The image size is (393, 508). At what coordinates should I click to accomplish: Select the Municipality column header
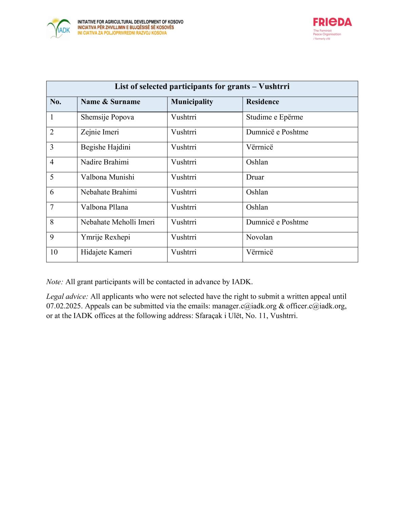(x=192, y=102)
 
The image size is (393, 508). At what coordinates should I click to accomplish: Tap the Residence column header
(x=262, y=102)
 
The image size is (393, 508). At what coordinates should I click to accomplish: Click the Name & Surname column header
(x=110, y=102)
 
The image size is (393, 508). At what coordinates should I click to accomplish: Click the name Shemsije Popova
(x=107, y=117)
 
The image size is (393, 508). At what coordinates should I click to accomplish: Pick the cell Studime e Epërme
(x=274, y=117)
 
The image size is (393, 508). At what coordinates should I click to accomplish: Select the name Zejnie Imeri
(x=100, y=132)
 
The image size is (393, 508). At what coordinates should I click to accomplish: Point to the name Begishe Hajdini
(x=105, y=147)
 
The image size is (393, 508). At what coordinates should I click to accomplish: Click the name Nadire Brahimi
(x=104, y=162)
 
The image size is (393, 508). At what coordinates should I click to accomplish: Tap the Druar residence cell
(x=255, y=177)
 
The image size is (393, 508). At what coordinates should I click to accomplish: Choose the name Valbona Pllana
(x=104, y=207)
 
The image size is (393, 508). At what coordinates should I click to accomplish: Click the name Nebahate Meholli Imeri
(x=117, y=222)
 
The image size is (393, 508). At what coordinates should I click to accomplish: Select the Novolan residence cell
(x=259, y=237)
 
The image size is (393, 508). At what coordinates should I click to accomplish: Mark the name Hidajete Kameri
(x=106, y=252)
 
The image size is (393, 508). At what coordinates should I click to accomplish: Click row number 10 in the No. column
(x=54, y=252)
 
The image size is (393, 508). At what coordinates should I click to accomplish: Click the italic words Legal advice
(x=67, y=297)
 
